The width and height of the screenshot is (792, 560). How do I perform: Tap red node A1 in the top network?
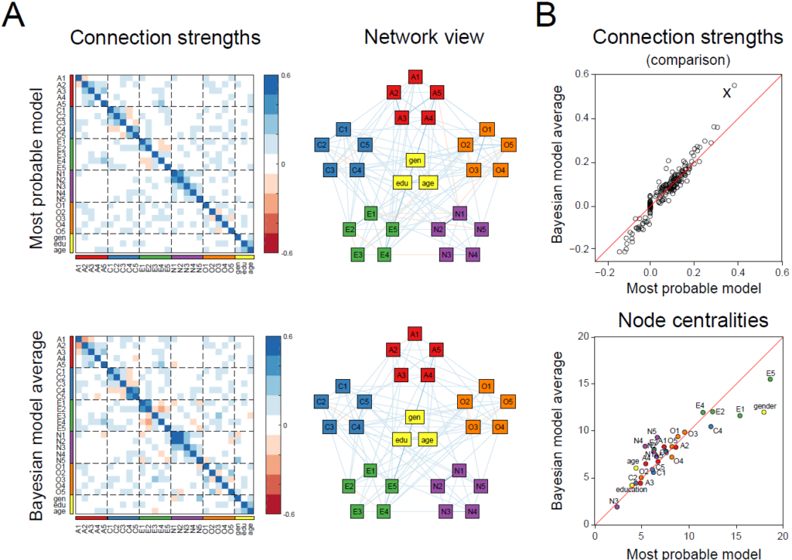click(415, 77)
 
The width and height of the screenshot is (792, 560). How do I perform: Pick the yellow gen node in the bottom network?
click(415, 417)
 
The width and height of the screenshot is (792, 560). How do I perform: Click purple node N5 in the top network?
click(480, 229)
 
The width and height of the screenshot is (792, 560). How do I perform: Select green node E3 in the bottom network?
click(357, 511)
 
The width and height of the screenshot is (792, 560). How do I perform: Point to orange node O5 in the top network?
click(508, 145)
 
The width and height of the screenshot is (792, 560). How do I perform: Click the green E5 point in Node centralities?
click(770, 379)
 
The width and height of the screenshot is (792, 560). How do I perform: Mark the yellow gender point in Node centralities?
click(763, 411)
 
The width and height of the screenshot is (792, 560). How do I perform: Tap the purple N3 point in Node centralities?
click(616, 507)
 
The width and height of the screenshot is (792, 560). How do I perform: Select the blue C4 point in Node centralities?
click(711, 426)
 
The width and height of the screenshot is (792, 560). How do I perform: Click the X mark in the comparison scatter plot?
click(726, 93)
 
